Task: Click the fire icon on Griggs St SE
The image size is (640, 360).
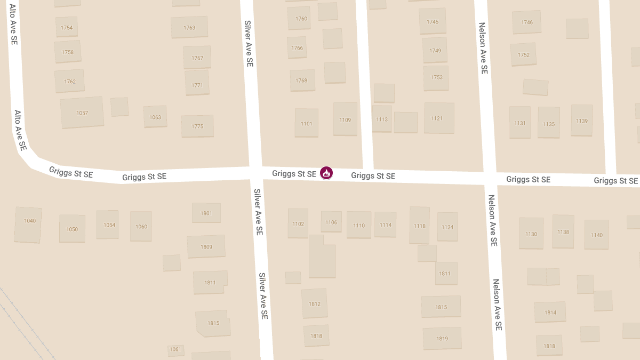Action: pyautogui.click(x=326, y=173)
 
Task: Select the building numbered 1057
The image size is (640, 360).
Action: pyautogui.click(x=82, y=113)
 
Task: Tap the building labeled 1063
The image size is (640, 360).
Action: pyautogui.click(x=155, y=117)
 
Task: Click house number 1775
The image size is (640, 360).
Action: pyautogui.click(x=197, y=126)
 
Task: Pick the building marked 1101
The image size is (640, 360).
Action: pyautogui.click(x=306, y=123)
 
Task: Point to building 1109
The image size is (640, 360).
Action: pyautogui.click(x=345, y=119)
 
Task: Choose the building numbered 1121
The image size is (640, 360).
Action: pyautogui.click(x=439, y=118)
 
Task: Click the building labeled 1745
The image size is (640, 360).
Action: pyautogui.click(x=432, y=21)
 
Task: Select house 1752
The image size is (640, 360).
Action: pyautogui.click(x=523, y=54)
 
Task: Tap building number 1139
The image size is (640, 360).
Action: pyautogui.click(x=581, y=121)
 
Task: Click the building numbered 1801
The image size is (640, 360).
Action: pyautogui.click(x=206, y=213)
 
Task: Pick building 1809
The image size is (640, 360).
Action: pyautogui.click(x=206, y=246)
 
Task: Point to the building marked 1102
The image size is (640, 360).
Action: pyautogui.click(x=298, y=223)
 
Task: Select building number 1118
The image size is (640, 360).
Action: pyautogui.click(x=420, y=226)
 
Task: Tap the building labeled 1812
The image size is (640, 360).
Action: pyautogui.click(x=314, y=303)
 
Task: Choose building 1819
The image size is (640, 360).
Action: pyautogui.click(x=442, y=338)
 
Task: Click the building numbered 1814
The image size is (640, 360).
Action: pyautogui.click(x=550, y=312)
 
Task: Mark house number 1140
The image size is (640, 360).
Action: pyautogui.click(x=596, y=235)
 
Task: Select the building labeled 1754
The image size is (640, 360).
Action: pyautogui.click(x=67, y=27)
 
